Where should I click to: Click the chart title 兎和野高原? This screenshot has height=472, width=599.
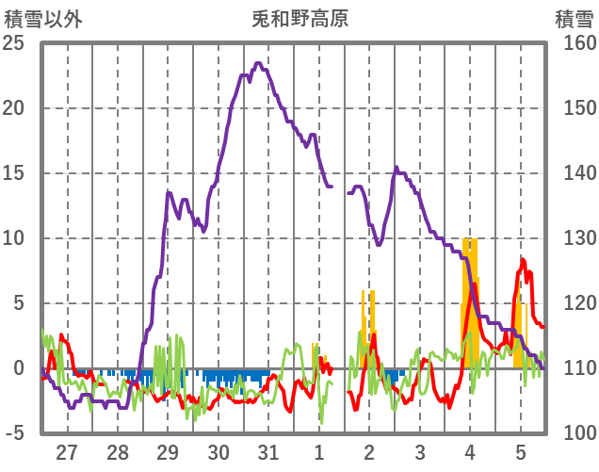pyautogui.click(x=299, y=18)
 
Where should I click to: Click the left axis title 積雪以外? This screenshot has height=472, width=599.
pyautogui.click(x=44, y=18)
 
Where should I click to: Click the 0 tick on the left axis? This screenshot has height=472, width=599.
pyautogui.click(x=19, y=368)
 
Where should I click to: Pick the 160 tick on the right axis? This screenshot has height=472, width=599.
pyautogui.click(x=575, y=43)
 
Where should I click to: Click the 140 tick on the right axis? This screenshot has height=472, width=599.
pyautogui.click(x=575, y=173)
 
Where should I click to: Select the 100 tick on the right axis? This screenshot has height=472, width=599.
pyautogui.click(x=575, y=433)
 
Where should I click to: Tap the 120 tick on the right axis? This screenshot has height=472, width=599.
pyautogui.click(x=575, y=303)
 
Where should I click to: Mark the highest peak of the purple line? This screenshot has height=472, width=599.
pyautogui.click(x=258, y=64)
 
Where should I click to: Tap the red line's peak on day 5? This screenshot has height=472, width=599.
pyautogui.click(x=523, y=261)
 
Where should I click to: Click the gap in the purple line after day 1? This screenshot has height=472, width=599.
pyautogui.click(x=340, y=189)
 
